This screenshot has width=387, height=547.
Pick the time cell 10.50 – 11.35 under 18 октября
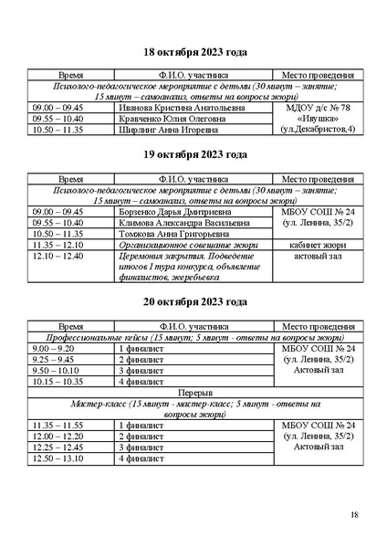[x=58, y=130]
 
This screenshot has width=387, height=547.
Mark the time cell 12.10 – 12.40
[x=58, y=257]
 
